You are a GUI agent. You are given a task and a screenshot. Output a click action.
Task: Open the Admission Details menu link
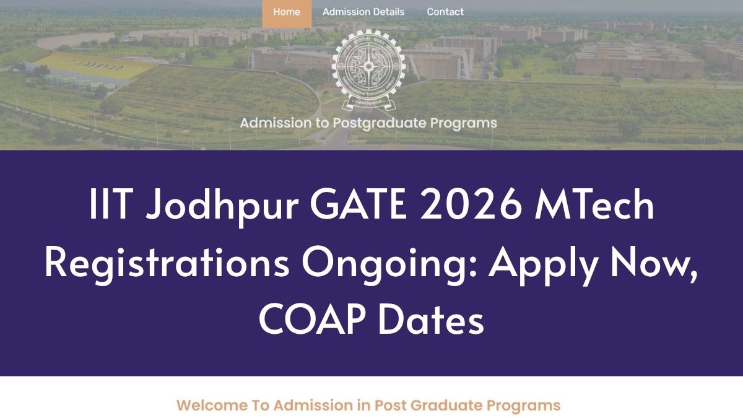pyautogui.click(x=363, y=12)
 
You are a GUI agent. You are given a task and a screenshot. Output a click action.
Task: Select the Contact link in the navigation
pyautogui.click(x=445, y=12)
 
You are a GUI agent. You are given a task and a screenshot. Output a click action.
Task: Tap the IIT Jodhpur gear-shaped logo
pyautogui.click(x=368, y=69)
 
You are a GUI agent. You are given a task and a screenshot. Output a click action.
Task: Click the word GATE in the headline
pyautogui.click(x=358, y=204)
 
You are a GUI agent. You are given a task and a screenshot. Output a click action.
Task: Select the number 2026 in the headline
pyautogui.click(x=471, y=204)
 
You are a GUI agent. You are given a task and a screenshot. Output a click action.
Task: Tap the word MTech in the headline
pyautogui.click(x=594, y=204)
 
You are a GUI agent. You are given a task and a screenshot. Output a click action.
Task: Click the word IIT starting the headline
pyautogui.click(x=111, y=204)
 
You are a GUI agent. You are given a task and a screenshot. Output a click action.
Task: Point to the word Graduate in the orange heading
pyautogui.click(x=446, y=406)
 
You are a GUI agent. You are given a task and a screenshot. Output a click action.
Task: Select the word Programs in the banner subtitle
pyautogui.click(x=463, y=123)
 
